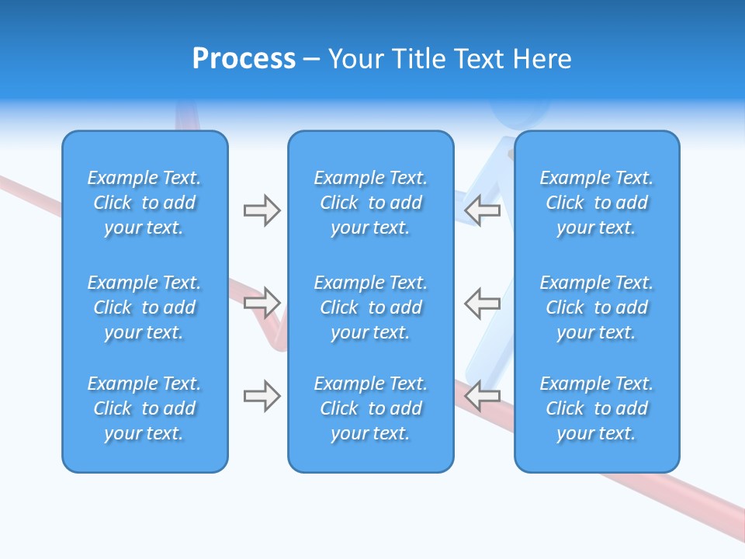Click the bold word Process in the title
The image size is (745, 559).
244,59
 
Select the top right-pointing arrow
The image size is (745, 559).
262,210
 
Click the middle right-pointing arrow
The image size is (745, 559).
262,303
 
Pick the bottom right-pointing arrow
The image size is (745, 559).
262,396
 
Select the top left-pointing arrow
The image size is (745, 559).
482,210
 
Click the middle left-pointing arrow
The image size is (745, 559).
482,303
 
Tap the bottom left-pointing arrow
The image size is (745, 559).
482,396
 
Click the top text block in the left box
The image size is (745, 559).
144,203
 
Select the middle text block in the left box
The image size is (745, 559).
144,307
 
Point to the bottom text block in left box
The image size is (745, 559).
144,408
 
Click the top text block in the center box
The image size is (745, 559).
370,203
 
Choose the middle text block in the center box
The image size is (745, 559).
370,307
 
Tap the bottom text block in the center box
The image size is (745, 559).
370,408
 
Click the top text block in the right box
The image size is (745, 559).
596,203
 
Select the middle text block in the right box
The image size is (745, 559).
596,307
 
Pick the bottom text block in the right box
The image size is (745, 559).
596,408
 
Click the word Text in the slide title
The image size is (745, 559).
477,59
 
